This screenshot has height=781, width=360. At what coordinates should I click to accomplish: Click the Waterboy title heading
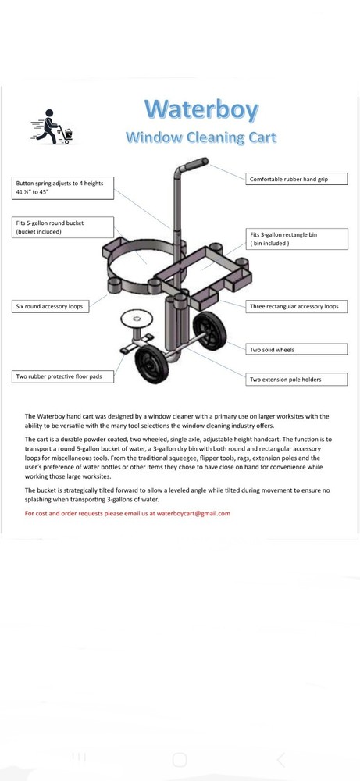click(x=201, y=109)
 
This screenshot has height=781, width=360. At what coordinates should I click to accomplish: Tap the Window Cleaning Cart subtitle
click(x=201, y=138)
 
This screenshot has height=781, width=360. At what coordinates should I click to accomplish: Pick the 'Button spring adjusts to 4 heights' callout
click(x=63, y=187)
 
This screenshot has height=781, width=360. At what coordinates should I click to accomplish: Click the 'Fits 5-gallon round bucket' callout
click(x=63, y=226)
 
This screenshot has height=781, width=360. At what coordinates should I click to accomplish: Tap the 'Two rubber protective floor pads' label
click(x=63, y=376)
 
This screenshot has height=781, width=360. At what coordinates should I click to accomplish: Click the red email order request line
click(x=127, y=513)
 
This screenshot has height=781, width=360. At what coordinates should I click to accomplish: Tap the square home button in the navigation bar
click(x=180, y=760)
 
